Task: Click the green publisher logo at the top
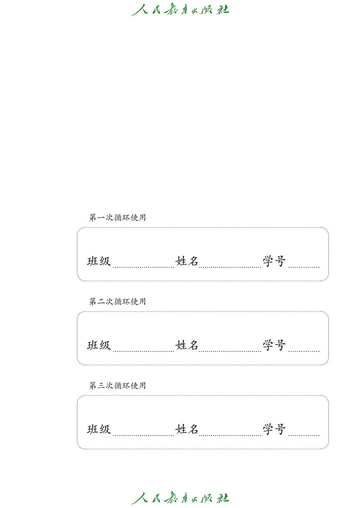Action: [x=180, y=9]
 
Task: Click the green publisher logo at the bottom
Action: [x=180, y=498]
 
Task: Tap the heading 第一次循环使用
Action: [x=117, y=218]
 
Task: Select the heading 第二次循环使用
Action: [x=117, y=302]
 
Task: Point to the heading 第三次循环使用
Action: [x=117, y=386]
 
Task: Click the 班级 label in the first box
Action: [x=99, y=261]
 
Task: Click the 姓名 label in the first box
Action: [x=187, y=261]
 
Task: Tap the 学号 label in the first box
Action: [x=274, y=261]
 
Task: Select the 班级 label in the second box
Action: [x=99, y=345]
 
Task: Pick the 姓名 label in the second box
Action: [x=187, y=345]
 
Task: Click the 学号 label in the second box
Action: [x=274, y=345]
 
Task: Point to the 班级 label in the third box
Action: [x=99, y=429]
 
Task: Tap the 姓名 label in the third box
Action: [x=187, y=429]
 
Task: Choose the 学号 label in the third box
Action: [x=274, y=429]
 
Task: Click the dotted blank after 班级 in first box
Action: [x=143, y=266]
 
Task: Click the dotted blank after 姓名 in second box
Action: [x=230, y=350]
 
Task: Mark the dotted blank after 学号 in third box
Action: [x=304, y=434]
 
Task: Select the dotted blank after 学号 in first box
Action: [x=304, y=266]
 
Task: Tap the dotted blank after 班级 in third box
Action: [x=143, y=434]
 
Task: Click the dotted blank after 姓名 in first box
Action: [x=230, y=266]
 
